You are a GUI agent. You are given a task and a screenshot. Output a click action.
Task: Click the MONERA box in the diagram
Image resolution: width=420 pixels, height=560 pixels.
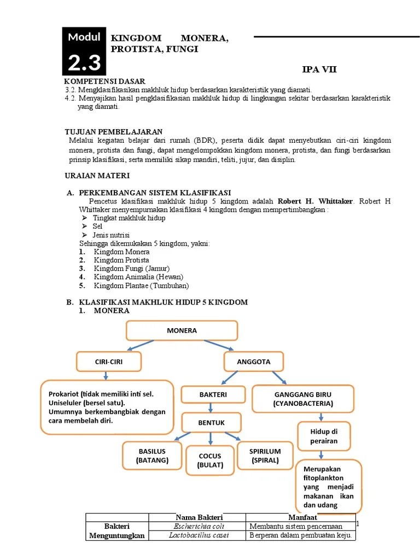(182, 330)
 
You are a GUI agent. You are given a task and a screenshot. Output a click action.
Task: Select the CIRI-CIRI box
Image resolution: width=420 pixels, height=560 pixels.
(109, 361)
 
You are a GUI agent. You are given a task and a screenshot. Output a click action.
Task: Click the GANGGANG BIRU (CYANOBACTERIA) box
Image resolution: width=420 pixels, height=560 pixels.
(303, 399)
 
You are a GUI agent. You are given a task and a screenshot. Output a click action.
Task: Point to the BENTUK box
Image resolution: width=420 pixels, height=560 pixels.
(211, 422)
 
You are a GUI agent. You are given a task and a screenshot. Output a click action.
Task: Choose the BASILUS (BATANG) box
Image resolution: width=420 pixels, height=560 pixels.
(152, 456)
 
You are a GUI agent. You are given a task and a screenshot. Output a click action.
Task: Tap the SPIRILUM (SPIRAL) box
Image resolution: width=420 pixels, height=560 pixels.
(265, 456)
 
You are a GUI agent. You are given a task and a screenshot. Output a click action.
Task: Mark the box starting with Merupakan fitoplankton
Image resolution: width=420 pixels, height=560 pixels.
(329, 486)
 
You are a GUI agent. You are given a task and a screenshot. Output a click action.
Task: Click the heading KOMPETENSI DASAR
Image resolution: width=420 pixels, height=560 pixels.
(104, 81)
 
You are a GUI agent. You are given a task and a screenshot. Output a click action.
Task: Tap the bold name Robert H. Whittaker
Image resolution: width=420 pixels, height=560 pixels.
(314, 201)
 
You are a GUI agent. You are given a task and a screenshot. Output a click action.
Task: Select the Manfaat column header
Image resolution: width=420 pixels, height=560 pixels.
(300, 517)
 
